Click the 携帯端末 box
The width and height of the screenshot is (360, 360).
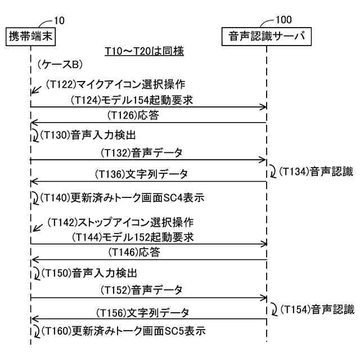coord(31,35)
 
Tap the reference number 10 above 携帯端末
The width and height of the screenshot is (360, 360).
coord(58,21)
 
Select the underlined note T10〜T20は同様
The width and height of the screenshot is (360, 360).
coord(145,51)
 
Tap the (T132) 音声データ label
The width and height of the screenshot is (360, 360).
coord(141,152)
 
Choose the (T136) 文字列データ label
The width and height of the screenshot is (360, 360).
coord(141,174)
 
